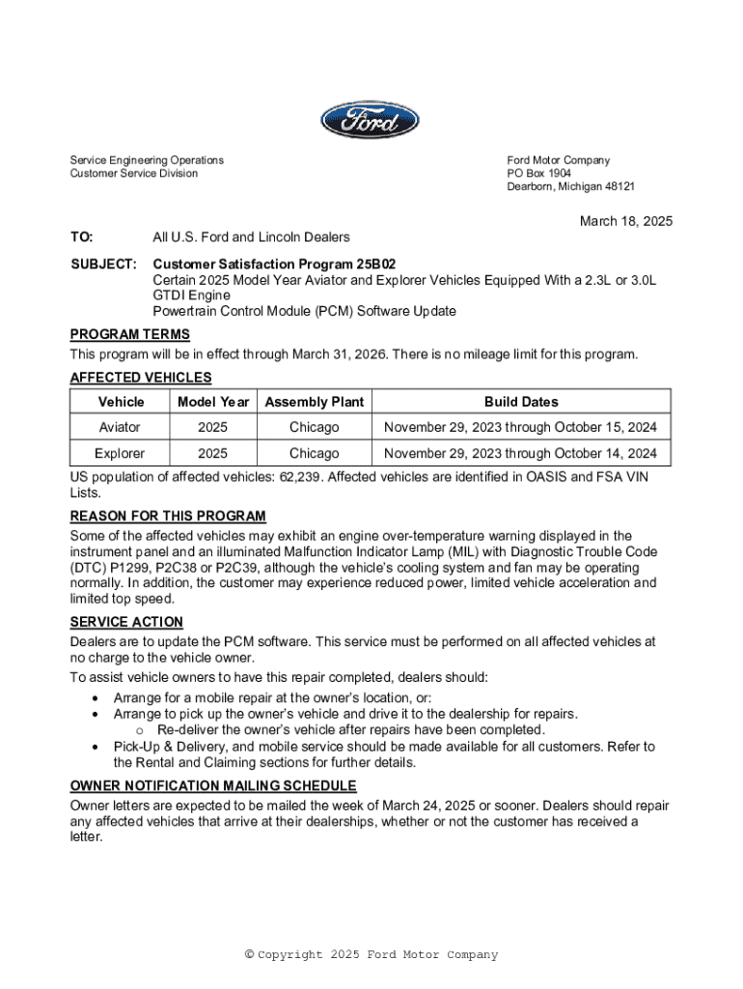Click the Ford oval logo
point(371,121)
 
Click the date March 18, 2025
point(625,221)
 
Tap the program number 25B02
point(375,264)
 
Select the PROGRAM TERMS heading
point(129,335)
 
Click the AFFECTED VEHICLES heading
point(141,378)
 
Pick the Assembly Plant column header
point(315,402)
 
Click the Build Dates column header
point(521,402)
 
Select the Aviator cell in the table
point(120,427)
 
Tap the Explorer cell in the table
point(120,453)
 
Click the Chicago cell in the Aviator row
point(315,427)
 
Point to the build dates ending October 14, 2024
point(521,453)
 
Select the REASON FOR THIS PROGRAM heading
point(168,517)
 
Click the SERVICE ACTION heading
point(126,623)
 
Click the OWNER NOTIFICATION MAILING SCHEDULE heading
point(213,786)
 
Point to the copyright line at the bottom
point(371,955)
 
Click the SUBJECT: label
point(103,264)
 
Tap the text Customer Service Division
point(133,174)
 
